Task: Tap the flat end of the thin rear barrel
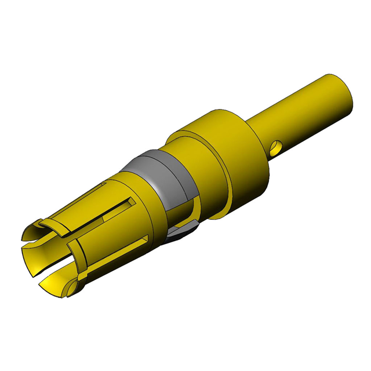(341, 93)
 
